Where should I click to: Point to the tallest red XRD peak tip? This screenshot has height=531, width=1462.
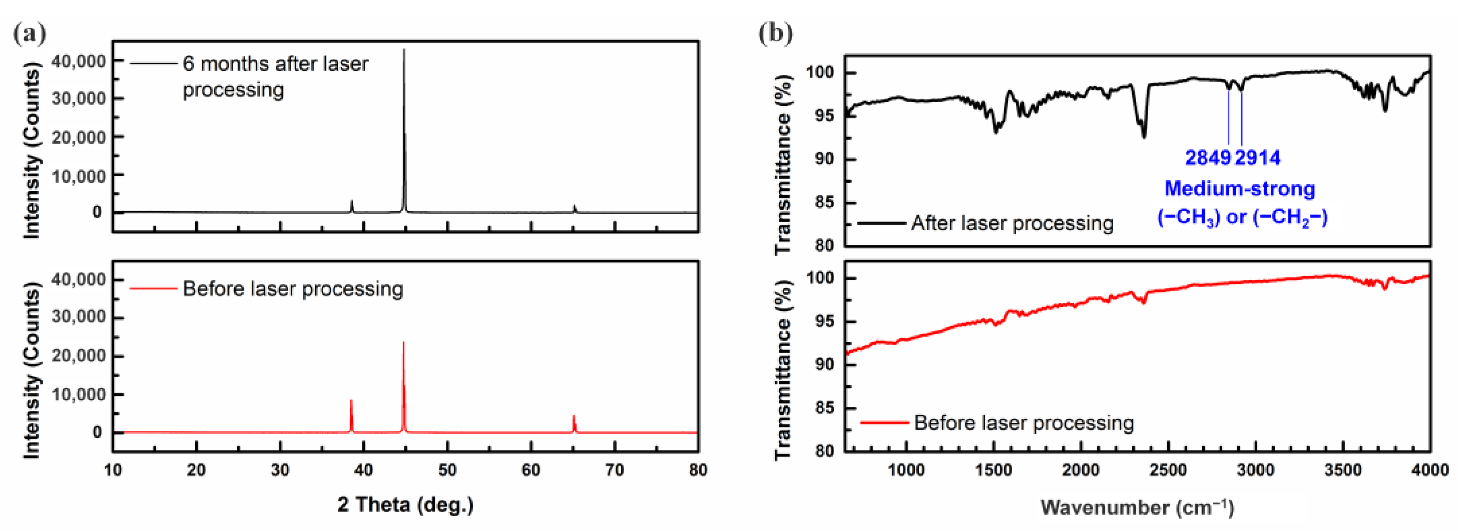[404, 343]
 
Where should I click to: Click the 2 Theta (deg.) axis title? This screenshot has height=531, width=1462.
[405, 504]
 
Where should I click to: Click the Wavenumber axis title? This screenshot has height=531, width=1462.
[1137, 507]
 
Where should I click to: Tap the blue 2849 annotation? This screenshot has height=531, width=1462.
[1208, 158]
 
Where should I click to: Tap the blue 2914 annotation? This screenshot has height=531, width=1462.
[1258, 158]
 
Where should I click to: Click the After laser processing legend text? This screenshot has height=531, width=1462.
[1012, 223]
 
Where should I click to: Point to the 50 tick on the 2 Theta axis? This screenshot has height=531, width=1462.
[447, 470]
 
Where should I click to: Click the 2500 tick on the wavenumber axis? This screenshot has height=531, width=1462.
[1168, 470]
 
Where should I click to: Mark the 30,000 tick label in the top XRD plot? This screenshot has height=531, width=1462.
[79, 99]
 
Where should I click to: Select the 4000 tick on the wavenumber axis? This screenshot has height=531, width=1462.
[1430, 470]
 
